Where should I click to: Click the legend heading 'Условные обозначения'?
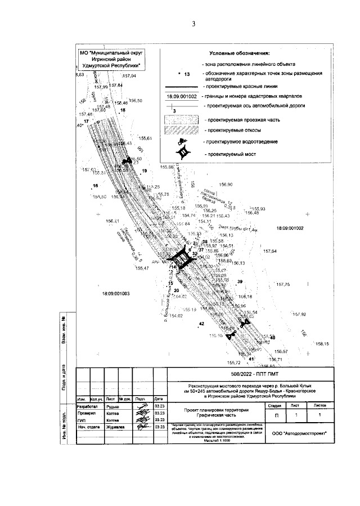coord(240,53)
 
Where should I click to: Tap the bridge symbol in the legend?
coord(183,153)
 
